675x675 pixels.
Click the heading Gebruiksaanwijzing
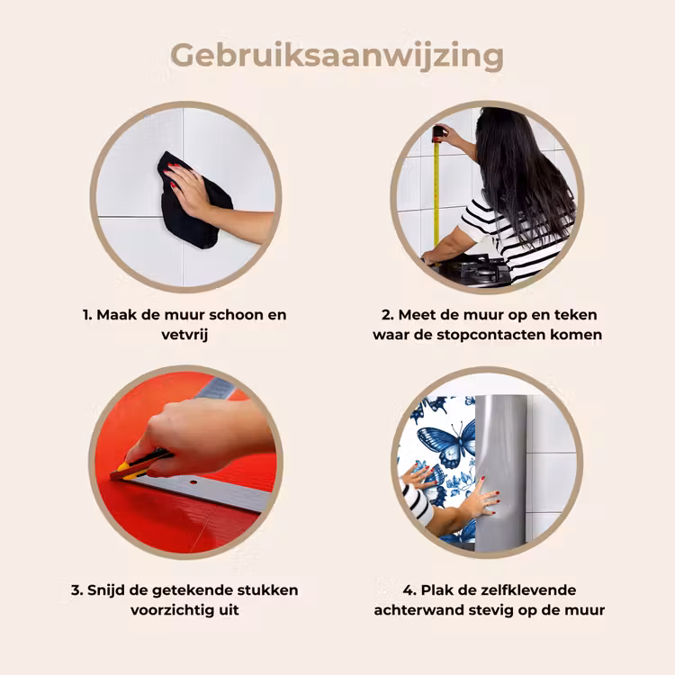[x=337, y=57]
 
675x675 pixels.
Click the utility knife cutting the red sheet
[x=139, y=465]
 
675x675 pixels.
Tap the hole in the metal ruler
[x=193, y=482]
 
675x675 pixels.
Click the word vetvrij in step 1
[x=184, y=335]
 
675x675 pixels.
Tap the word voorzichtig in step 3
[x=169, y=610]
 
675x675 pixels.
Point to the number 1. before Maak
[x=87, y=315]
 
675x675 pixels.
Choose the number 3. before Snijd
[x=76, y=589]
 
